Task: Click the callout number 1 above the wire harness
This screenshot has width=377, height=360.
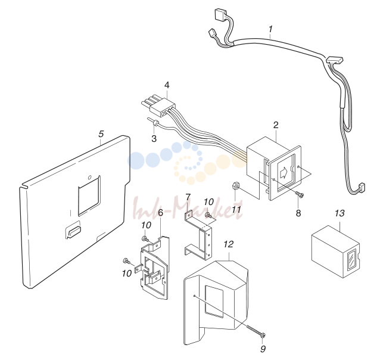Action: click(271, 29)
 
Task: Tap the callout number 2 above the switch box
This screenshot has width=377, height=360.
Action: click(276, 125)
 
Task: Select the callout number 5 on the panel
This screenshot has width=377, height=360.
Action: click(101, 134)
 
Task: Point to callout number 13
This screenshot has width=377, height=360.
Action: click(339, 213)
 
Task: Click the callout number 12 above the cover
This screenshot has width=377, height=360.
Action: click(229, 244)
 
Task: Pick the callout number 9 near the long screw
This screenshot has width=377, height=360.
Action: click(263, 349)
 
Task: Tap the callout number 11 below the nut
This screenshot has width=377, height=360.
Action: click(236, 209)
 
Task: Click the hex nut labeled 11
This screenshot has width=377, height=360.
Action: click(235, 186)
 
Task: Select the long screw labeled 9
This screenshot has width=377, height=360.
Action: click(256, 330)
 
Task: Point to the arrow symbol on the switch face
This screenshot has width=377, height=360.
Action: click(283, 172)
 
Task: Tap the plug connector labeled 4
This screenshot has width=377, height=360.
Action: click(158, 107)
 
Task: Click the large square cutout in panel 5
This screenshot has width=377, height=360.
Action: click(89, 195)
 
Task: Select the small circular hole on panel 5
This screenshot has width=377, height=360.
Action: click(90, 178)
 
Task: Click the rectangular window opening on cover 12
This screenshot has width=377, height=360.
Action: click(214, 301)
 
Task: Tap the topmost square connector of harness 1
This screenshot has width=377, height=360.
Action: click(220, 13)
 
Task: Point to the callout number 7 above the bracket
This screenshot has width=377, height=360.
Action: click(188, 197)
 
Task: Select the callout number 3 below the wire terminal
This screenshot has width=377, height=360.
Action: click(154, 138)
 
